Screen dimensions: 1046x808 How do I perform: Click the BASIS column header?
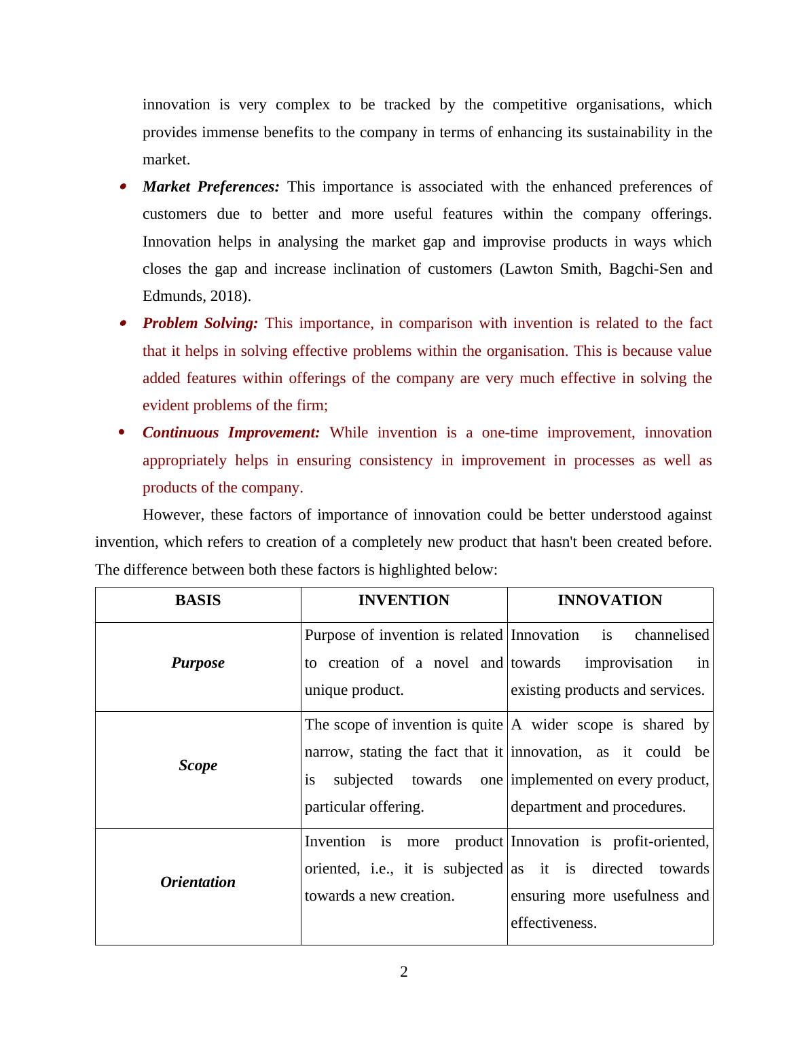(x=198, y=600)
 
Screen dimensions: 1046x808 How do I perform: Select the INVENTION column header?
(x=403, y=600)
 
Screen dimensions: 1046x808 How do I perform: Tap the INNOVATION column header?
(x=610, y=600)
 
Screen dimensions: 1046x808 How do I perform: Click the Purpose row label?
(x=198, y=663)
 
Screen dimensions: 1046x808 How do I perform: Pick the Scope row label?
(x=198, y=765)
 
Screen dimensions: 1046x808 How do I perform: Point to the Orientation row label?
(x=198, y=882)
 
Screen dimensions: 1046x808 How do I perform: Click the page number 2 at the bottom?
(x=404, y=972)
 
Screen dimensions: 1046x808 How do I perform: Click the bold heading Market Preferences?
(x=210, y=187)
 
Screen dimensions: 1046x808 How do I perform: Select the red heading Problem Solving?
(x=200, y=323)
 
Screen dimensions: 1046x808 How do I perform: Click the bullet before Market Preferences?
(x=123, y=187)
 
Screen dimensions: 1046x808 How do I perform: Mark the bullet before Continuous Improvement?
(x=123, y=433)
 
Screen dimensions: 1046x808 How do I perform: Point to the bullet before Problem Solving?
(x=123, y=323)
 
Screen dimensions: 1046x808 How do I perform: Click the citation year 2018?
(x=227, y=296)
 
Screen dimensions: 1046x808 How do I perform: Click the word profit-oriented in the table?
(x=661, y=842)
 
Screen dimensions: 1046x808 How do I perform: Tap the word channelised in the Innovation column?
(x=672, y=635)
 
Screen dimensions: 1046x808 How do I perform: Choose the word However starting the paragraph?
(x=173, y=515)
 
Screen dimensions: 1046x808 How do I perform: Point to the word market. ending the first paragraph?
(x=166, y=160)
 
